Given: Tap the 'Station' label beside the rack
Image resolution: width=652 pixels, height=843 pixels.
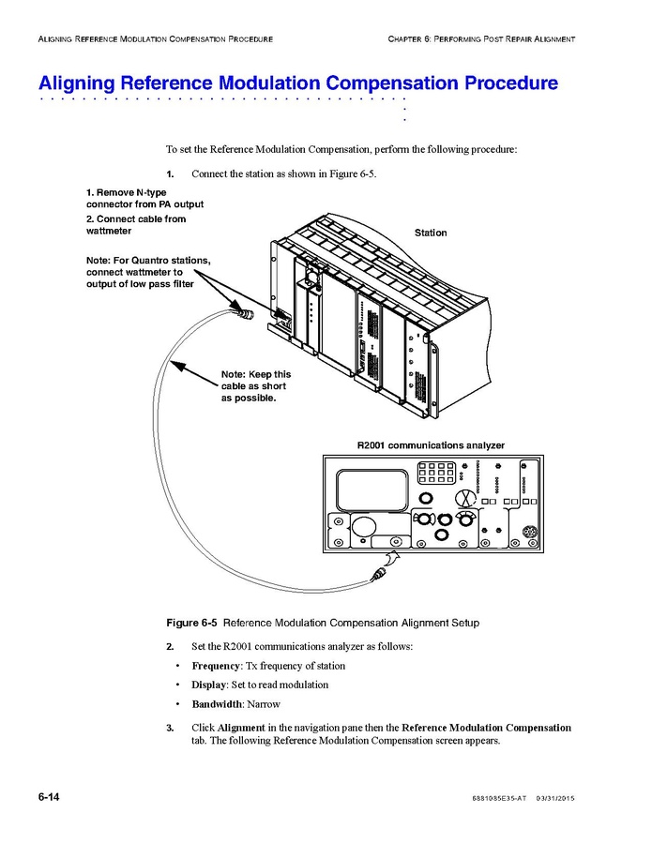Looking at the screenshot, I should (x=431, y=233).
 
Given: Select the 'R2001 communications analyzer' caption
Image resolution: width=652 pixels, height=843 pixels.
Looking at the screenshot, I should (x=431, y=444).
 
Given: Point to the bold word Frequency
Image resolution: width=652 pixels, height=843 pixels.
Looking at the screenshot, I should (x=216, y=666).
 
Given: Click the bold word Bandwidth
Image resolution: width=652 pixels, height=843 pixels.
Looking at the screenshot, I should (x=217, y=704).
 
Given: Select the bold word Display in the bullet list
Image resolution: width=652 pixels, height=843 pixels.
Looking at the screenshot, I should (x=209, y=685).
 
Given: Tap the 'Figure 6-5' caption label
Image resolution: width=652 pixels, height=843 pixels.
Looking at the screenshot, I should (x=192, y=622).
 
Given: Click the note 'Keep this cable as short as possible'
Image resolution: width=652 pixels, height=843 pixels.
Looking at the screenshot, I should (x=256, y=386).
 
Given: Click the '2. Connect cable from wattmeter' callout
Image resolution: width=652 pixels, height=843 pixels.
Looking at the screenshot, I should (x=136, y=225).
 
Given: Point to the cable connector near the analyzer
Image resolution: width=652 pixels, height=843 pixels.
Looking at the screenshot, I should (x=382, y=568).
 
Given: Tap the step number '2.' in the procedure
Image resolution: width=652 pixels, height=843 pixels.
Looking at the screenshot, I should (x=170, y=647).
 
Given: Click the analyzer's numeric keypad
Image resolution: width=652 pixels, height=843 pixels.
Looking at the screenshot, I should (x=437, y=473).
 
